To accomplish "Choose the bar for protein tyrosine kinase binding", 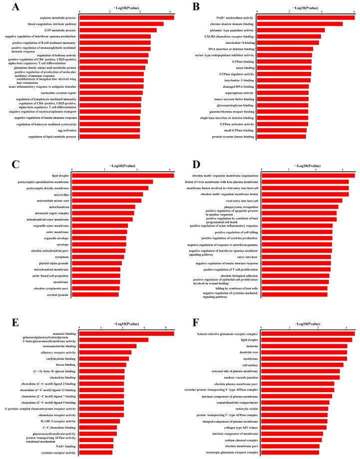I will [x=281, y=136].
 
